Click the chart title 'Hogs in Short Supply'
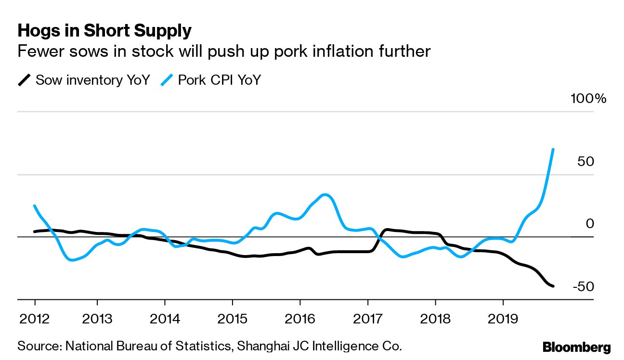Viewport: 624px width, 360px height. pyautogui.click(x=104, y=31)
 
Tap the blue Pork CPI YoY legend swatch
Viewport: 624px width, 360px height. pyautogui.click(x=168, y=80)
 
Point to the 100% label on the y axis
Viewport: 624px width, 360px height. pyautogui.click(x=588, y=99)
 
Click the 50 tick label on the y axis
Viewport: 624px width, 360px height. pyautogui.click(x=586, y=161)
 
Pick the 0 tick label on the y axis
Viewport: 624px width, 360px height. pyautogui.click(x=590, y=224)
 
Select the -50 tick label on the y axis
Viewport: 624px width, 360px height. pyautogui.click(x=584, y=286)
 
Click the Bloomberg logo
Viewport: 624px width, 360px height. pyautogui.click(x=576, y=347)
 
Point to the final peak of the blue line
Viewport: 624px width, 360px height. pyautogui.click(x=553, y=150)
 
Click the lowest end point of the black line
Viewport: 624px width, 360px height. pyautogui.click(x=553, y=286)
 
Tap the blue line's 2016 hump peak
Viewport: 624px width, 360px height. pyautogui.click(x=325, y=194)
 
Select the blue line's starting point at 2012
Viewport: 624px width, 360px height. pyautogui.click(x=35, y=206)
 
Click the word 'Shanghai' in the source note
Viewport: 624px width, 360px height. pyautogui.click(x=261, y=346)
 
